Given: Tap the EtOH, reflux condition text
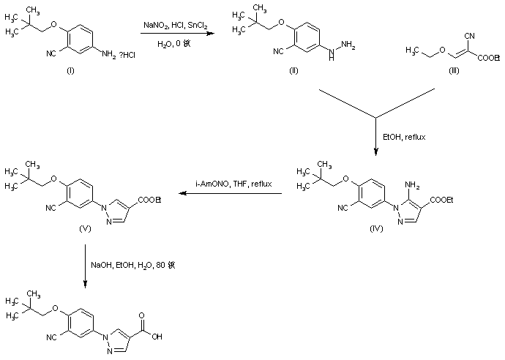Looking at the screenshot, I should [x=400, y=136].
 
